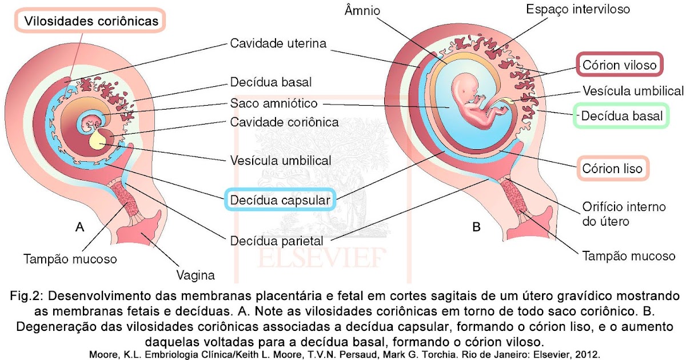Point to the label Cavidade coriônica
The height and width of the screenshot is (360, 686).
coord(284,122)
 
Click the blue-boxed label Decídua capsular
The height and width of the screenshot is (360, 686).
coord(280,200)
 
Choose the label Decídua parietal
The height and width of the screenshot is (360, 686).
coord(277,241)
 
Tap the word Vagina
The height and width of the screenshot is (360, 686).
coord(196,275)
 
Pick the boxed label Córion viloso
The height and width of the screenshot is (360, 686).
coord(619,65)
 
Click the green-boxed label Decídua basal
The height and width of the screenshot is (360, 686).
coord(621,117)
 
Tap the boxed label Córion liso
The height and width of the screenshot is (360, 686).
coord(612,169)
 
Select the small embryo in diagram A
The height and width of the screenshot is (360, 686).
coord(91,121)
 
